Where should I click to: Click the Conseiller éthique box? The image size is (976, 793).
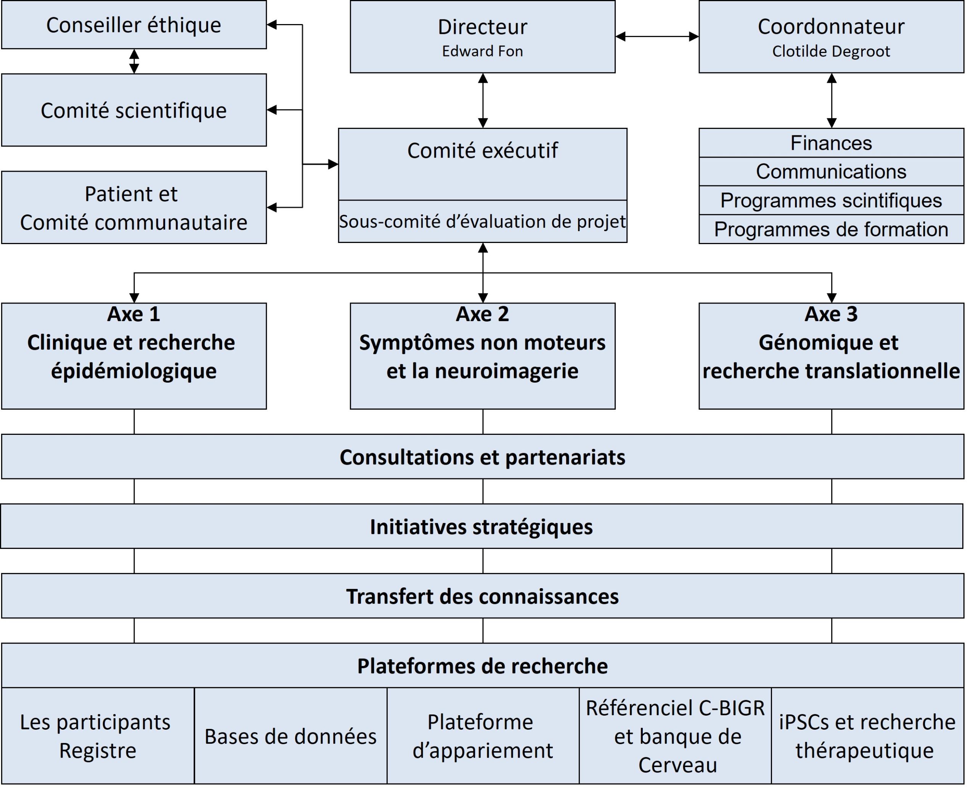point(133,25)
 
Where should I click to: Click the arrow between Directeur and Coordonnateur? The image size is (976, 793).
point(657,37)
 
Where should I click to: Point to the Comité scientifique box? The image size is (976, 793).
point(133,110)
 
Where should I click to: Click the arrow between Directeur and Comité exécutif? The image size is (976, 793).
point(483,100)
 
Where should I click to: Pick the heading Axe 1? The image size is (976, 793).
point(133,314)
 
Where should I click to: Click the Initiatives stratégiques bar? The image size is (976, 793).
point(481,527)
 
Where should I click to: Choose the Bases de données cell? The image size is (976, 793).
point(291,736)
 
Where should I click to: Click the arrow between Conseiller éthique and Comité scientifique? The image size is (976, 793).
point(134,61)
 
